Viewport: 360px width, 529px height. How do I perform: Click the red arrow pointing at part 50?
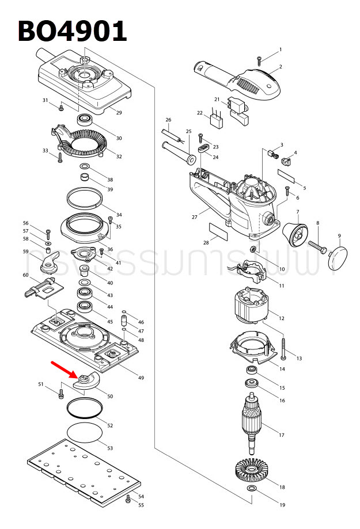64,370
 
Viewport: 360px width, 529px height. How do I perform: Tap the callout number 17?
281,435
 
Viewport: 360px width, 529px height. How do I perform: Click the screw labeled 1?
260,59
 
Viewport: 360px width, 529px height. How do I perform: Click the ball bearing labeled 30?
86,121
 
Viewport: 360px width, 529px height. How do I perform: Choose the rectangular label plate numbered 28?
219,231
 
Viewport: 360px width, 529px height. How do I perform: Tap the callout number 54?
141,496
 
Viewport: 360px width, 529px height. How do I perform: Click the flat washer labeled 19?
252,489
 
